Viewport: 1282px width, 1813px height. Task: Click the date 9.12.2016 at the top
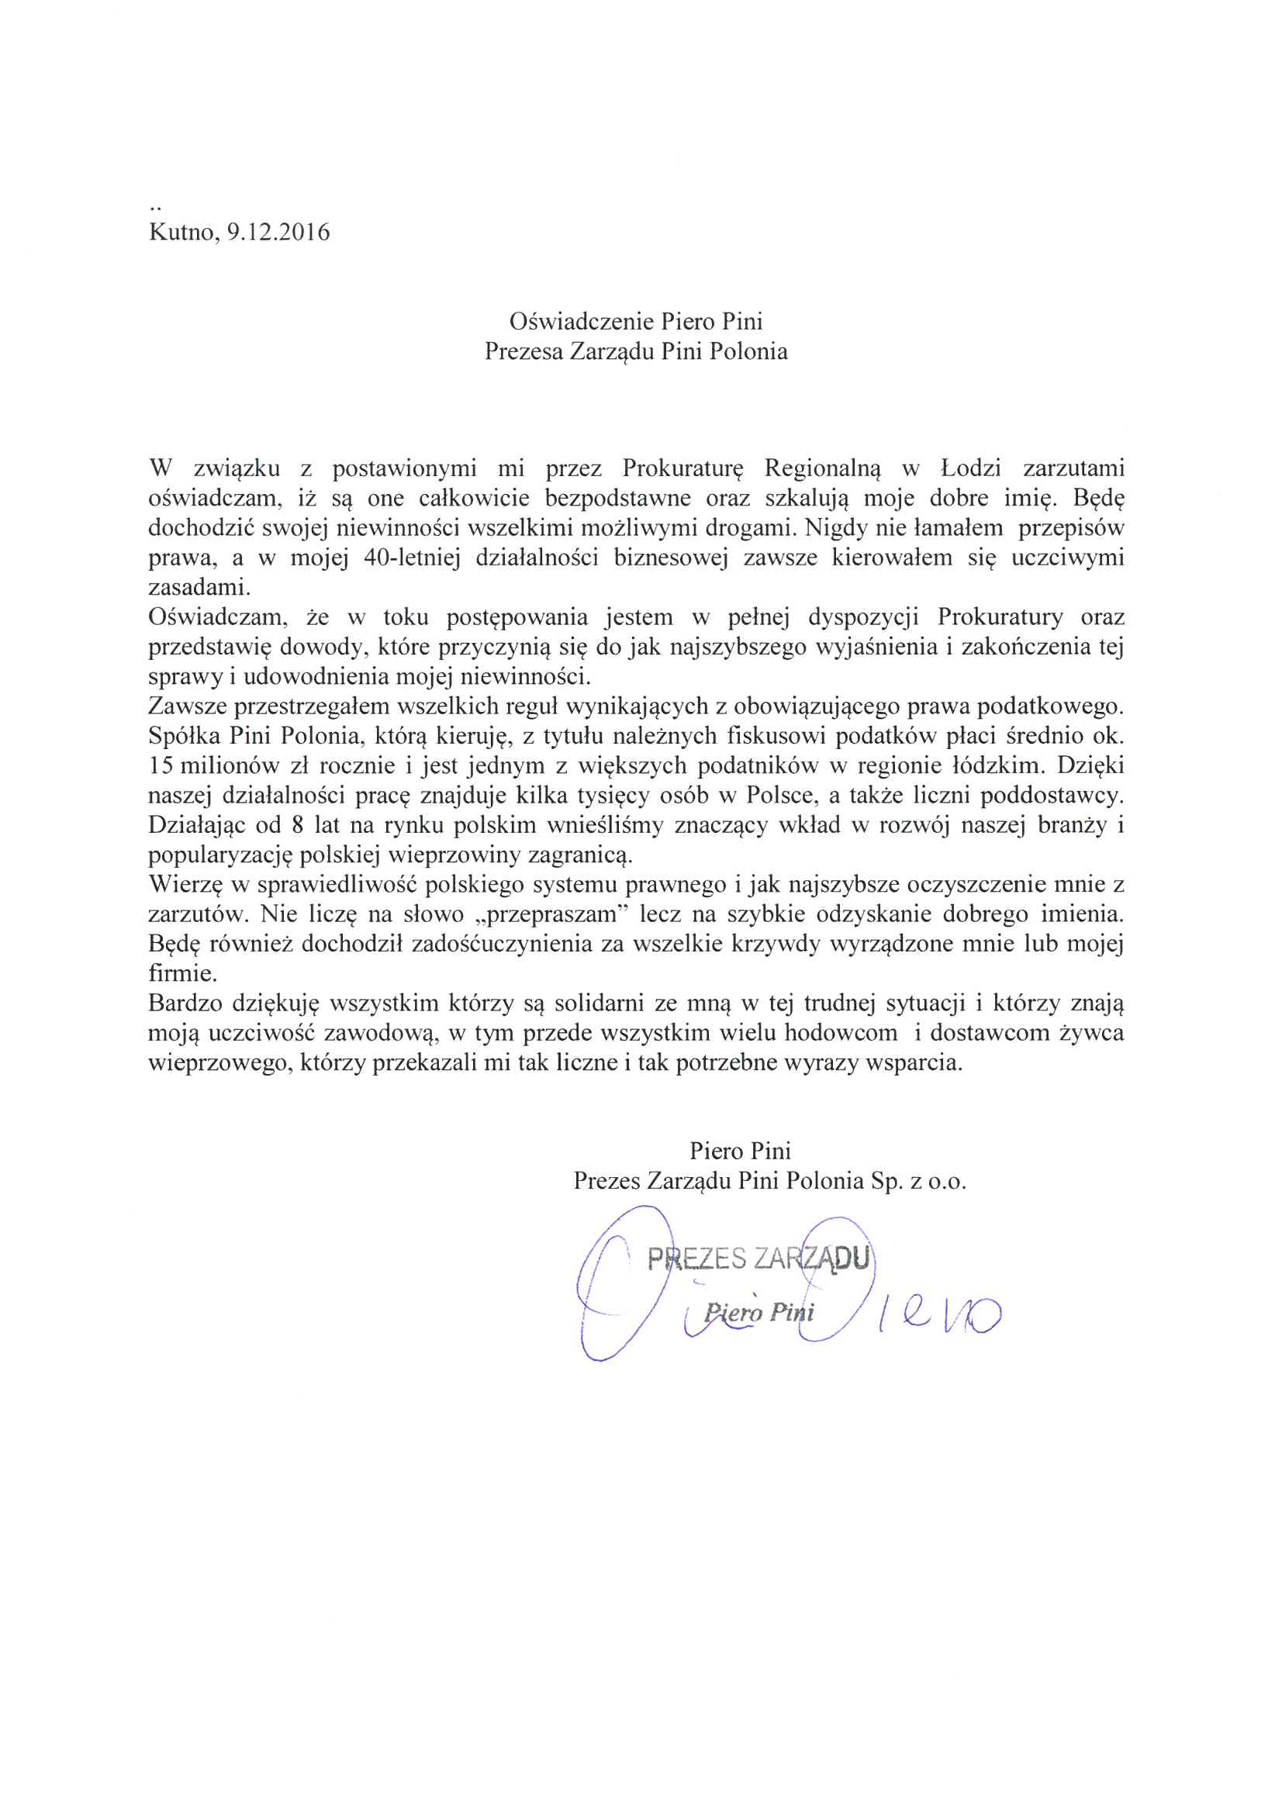(278, 232)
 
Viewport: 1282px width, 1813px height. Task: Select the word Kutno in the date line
(181, 232)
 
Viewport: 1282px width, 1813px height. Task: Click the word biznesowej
(669, 558)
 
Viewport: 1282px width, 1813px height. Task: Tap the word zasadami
(199, 588)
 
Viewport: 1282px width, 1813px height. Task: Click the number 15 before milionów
(161, 765)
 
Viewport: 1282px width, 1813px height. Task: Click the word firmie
(182, 974)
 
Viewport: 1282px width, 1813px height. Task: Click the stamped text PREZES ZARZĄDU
(758, 1257)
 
